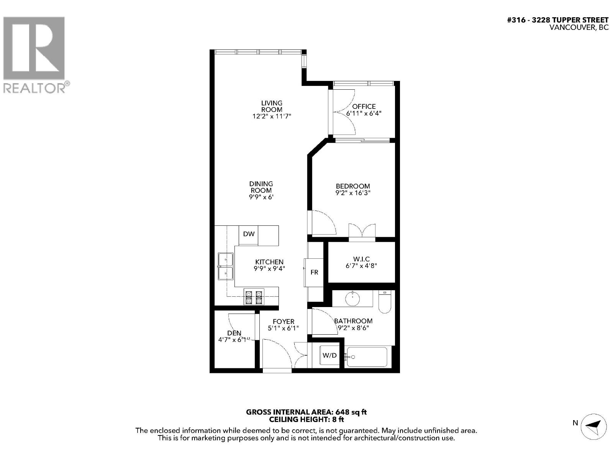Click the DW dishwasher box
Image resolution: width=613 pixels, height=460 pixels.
248,235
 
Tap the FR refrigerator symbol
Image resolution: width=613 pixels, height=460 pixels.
314,272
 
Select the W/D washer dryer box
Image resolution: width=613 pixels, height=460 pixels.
329,355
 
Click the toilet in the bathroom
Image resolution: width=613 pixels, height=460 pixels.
385,302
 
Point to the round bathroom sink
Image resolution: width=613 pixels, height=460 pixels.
353,299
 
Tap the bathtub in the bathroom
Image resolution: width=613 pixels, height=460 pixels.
366,356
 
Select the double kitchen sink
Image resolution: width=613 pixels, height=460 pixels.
226,266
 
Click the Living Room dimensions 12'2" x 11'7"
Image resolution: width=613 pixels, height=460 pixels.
272,116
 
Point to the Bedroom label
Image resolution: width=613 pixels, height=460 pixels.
353,186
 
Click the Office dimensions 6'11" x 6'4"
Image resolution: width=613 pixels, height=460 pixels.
364,113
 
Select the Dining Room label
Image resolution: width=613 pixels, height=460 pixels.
261,187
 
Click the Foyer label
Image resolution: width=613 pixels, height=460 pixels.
284,322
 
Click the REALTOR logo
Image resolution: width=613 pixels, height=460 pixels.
36,54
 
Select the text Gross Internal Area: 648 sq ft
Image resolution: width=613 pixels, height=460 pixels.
306,412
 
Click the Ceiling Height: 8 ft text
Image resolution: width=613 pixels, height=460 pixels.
306,419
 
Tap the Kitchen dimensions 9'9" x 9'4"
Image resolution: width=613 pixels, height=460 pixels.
269,269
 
